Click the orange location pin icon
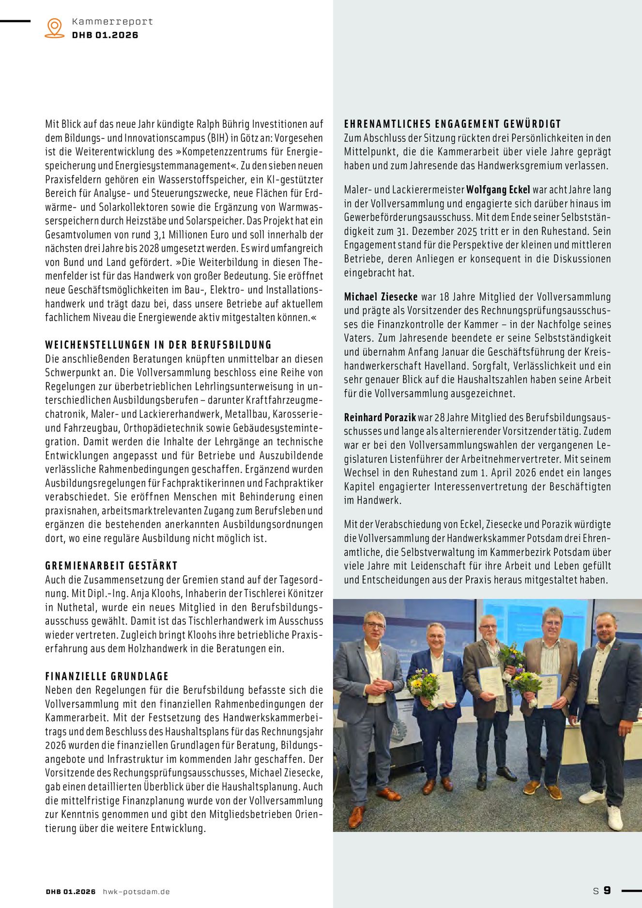(x=54, y=28)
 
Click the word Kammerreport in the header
(x=112, y=22)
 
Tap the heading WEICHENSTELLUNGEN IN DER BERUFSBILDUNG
(x=158, y=345)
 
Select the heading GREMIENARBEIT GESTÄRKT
(x=111, y=566)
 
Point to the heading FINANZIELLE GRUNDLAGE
(x=107, y=676)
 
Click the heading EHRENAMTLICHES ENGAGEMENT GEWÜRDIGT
(x=452, y=124)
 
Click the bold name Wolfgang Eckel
(x=498, y=190)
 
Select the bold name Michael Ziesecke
(x=381, y=297)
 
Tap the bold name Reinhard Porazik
(x=380, y=417)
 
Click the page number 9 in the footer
(x=607, y=891)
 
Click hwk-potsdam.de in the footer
(x=136, y=892)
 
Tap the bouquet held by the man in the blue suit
(x=423, y=685)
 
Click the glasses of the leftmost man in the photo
(x=375, y=625)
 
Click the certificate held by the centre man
(x=490, y=681)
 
